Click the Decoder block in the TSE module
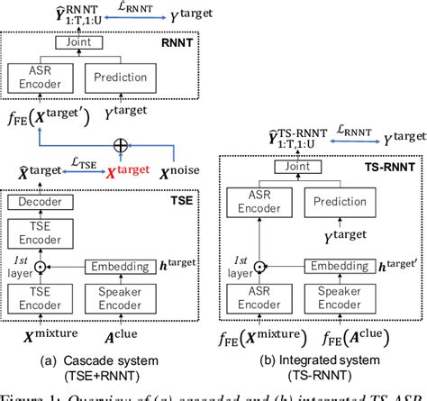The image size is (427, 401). tap(37, 203)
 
